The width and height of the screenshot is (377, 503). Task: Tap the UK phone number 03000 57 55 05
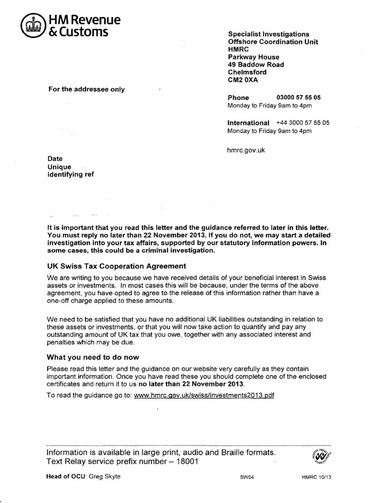coord(298,98)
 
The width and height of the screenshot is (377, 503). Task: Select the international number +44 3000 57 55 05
coord(302,123)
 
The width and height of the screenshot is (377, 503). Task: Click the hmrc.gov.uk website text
coord(246,150)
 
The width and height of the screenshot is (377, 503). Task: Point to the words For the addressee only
coord(86,89)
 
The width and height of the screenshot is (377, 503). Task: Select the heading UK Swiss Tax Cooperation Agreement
coord(116,266)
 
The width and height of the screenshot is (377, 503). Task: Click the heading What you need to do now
coord(93,357)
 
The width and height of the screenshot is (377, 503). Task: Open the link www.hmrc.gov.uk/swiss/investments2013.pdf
coord(204,395)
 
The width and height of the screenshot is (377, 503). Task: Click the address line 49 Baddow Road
coord(256,65)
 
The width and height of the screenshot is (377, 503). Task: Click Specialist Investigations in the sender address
coord(269,34)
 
